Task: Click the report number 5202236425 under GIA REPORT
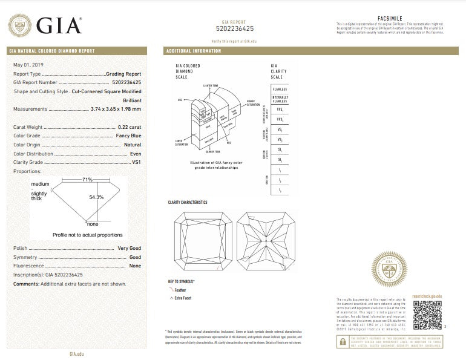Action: (x=234, y=28)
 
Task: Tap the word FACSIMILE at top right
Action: (x=389, y=19)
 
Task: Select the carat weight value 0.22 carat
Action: (x=130, y=127)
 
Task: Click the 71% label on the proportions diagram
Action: (x=88, y=180)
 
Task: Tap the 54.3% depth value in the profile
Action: (x=97, y=197)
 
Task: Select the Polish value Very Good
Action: (x=130, y=249)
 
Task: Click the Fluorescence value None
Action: (x=135, y=266)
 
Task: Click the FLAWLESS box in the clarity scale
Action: (x=280, y=89)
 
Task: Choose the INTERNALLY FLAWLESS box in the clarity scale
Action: (x=280, y=99)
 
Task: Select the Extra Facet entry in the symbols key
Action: (x=184, y=298)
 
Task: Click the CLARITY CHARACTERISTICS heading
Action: (x=188, y=202)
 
